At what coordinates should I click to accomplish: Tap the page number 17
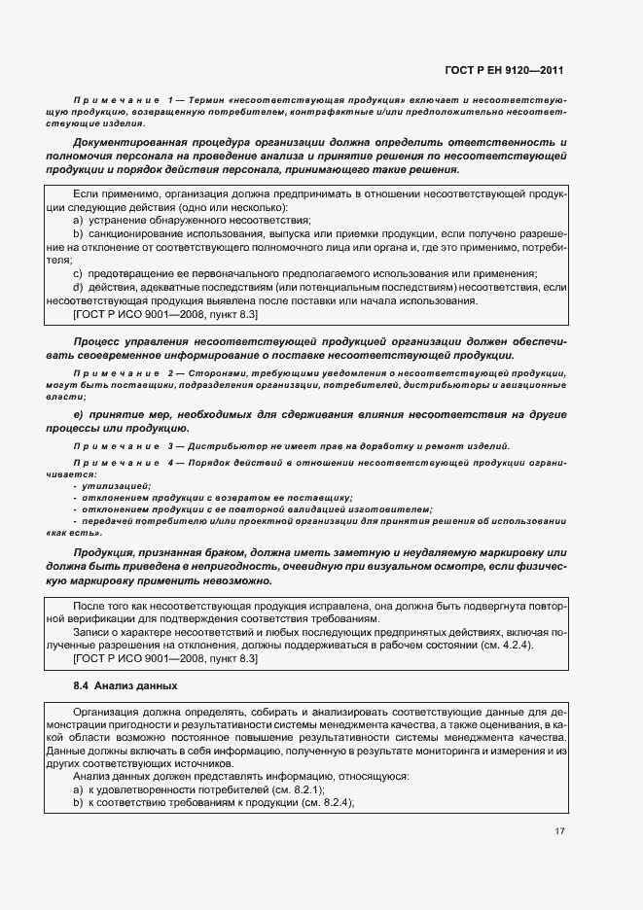(x=560, y=831)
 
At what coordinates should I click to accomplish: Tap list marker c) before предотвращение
(x=78, y=274)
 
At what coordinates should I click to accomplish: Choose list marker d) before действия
(x=78, y=288)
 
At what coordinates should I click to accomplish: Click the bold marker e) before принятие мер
(x=78, y=415)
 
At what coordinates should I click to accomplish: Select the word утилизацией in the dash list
(x=117, y=485)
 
